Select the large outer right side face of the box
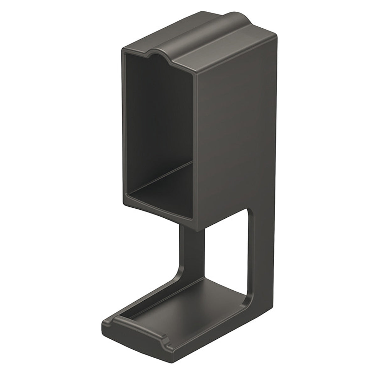[x=239, y=126]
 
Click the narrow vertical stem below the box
[x=192, y=245]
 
